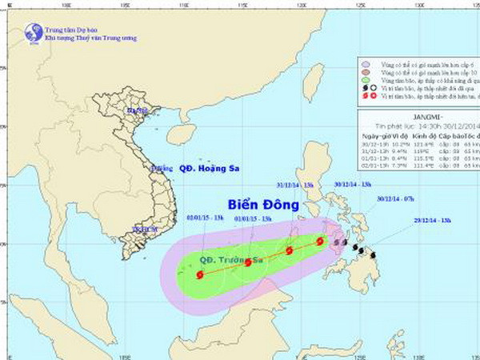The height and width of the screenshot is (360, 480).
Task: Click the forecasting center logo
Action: (x=34, y=33)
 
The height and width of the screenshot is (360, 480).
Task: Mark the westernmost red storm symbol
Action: (x=199, y=274)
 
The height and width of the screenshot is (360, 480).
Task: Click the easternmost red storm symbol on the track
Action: (x=320, y=240)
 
